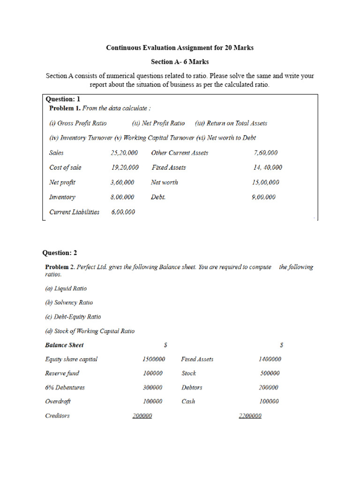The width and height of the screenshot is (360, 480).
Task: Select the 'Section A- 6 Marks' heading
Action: click(x=180, y=61)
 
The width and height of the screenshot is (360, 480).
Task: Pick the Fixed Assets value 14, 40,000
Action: click(x=268, y=167)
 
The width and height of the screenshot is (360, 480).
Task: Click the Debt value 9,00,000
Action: click(x=263, y=197)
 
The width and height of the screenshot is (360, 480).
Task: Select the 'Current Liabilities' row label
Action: click(x=74, y=212)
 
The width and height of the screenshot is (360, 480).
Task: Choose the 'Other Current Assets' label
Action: click(x=180, y=153)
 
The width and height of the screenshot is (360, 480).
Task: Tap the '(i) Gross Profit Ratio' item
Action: click(x=78, y=123)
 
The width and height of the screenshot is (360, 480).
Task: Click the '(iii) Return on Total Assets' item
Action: click(x=231, y=123)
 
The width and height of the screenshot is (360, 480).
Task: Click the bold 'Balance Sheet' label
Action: click(x=64, y=345)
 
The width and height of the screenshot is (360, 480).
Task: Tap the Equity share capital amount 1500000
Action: click(x=154, y=359)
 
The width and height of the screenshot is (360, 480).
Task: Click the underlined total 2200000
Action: click(x=250, y=416)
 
